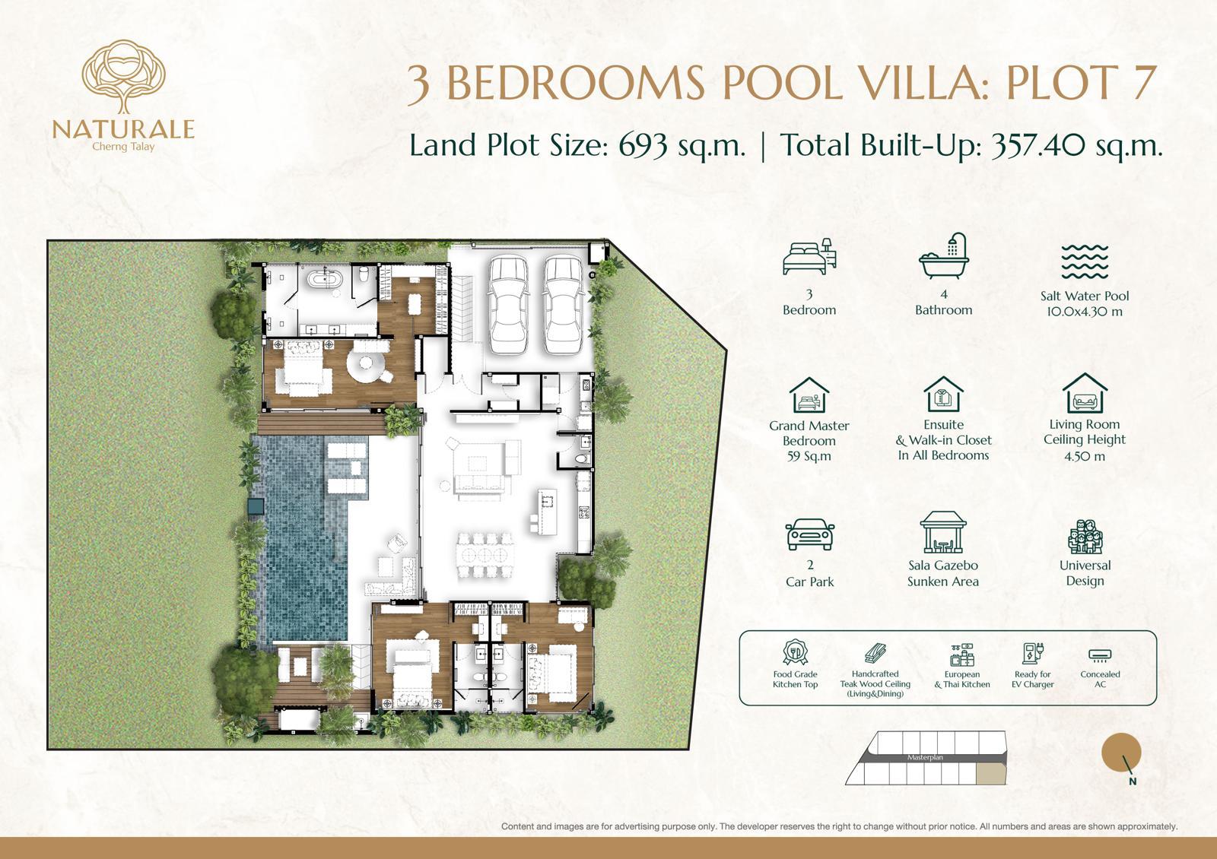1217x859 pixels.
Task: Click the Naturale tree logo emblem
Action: [x=123, y=76]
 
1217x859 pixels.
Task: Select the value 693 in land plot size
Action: [x=643, y=145]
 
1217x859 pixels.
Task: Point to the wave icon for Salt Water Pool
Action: [x=1085, y=262]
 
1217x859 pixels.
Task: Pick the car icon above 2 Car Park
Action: [x=809, y=534]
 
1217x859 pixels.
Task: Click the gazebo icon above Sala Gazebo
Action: [x=943, y=532]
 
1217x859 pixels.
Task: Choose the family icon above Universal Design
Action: [x=1085, y=537]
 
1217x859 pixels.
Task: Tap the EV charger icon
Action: [x=1032, y=654]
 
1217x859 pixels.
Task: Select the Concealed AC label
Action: [x=1100, y=680]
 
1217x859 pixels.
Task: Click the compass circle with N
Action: [x=1121, y=752]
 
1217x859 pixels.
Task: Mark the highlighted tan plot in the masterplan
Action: [x=991, y=774]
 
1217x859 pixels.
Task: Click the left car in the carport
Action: [x=508, y=305]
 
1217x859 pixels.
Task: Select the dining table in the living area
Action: [x=485, y=556]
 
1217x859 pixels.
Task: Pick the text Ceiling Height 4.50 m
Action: [x=1085, y=448]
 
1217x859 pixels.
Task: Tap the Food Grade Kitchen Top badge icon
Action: [x=795, y=652]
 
